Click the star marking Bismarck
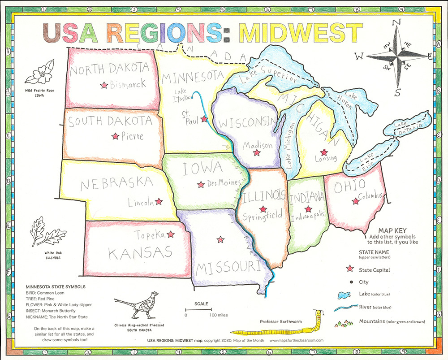click(104, 84)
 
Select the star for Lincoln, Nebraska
click(158, 202)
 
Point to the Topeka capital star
click(170, 234)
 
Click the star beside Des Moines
click(201, 184)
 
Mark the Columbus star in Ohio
click(356, 202)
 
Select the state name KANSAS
click(141, 253)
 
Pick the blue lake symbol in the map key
click(344, 295)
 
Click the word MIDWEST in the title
click(301, 33)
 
